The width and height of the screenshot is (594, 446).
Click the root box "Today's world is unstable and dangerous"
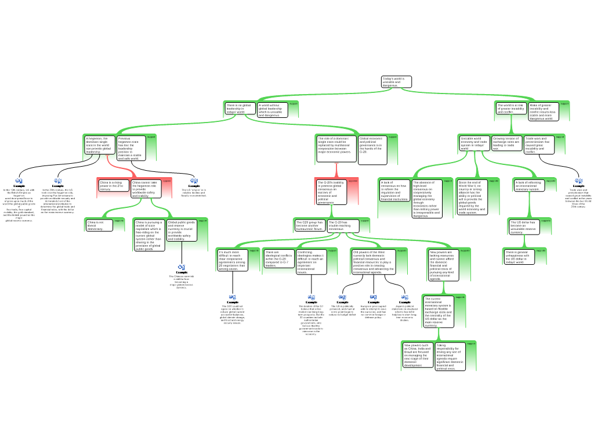pos(396,82)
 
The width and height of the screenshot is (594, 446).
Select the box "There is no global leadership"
pos(239,109)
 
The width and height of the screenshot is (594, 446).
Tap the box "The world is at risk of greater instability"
pos(511,109)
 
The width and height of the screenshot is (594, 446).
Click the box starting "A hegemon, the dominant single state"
pos(99,145)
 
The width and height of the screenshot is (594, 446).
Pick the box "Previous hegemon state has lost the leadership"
pos(131,148)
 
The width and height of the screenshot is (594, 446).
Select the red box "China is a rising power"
pos(113,186)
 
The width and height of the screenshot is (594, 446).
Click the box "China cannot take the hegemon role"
pos(146,189)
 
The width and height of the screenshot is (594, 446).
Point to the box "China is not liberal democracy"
pos(99,225)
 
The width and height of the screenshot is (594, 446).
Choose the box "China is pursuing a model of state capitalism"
pos(149,235)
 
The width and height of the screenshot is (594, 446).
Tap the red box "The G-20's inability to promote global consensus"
pos(331,192)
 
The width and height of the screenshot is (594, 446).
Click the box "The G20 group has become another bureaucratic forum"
pos(310,225)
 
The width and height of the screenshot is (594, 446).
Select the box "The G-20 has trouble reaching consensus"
pos(342,225)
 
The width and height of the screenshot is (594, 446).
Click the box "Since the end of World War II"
pos(470,197)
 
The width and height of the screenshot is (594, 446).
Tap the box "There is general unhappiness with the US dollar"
pos(517,257)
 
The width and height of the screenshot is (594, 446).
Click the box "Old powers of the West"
pos(374,261)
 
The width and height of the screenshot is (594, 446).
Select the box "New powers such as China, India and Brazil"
pos(418,355)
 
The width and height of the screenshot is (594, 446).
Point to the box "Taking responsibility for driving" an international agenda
pos(450,357)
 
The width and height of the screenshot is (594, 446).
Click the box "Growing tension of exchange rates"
pos(506,143)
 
